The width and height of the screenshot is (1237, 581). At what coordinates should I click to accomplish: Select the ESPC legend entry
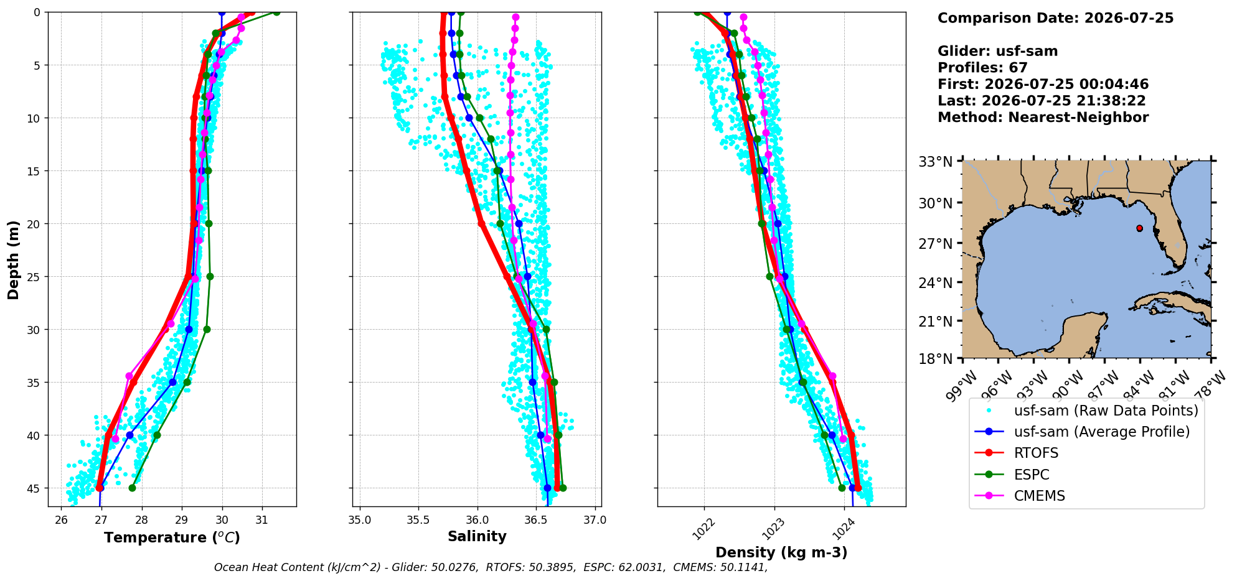[1012, 475]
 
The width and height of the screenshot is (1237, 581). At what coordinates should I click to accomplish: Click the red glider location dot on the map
[1139, 228]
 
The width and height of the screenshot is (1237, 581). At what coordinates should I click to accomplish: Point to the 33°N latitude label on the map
[936, 162]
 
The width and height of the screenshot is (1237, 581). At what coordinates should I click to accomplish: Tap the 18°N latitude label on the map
[936, 359]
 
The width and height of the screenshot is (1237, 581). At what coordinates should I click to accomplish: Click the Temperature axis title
[172, 537]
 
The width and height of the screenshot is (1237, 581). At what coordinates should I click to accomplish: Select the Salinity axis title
[477, 536]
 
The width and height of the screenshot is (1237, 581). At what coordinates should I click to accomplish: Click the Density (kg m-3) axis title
[781, 552]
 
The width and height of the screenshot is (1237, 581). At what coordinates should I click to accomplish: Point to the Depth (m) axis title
[13, 259]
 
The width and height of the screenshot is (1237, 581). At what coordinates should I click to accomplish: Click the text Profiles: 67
[982, 68]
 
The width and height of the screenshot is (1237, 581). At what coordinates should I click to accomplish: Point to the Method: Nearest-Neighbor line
[1043, 118]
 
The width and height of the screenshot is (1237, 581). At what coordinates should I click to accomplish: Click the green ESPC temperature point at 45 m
[132, 488]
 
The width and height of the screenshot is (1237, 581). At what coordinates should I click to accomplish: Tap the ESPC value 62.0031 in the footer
[639, 567]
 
